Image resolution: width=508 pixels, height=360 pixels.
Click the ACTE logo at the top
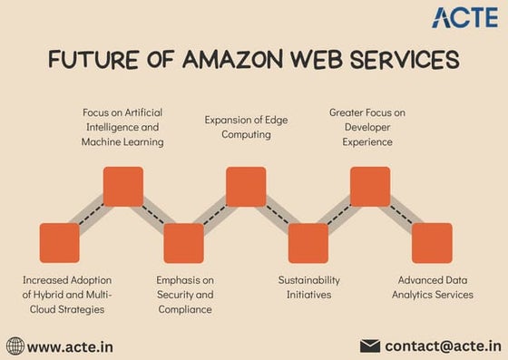point(464,17)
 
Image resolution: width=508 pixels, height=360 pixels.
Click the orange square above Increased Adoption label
point(60,243)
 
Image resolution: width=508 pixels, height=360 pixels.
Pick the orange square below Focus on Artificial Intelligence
point(123,187)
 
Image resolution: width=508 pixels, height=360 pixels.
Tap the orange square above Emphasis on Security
point(183,243)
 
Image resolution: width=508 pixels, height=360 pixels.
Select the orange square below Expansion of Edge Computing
point(246,187)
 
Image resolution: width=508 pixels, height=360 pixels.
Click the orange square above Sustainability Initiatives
point(308,243)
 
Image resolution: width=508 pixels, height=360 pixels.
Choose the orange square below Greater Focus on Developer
point(370,187)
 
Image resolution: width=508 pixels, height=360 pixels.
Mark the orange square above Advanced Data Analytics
point(432,243)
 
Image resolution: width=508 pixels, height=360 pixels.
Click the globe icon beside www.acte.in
point(15,345)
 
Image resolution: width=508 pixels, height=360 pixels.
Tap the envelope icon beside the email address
point(370,345)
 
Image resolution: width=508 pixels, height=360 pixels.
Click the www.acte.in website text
point(70,346)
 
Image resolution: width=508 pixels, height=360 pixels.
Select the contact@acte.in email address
point(443,345)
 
